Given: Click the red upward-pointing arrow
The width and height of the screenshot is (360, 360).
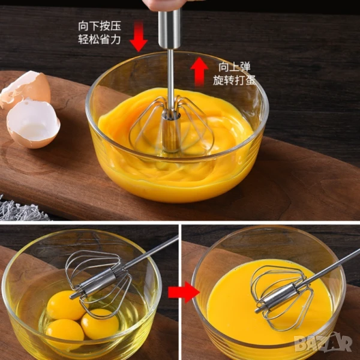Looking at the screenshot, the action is [199, 71].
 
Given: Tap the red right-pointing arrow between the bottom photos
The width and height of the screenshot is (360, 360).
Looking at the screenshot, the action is [184, 292].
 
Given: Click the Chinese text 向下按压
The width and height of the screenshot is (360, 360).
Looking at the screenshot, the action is [100, 26].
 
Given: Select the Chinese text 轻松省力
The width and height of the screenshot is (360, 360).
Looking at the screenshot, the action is [100, 39].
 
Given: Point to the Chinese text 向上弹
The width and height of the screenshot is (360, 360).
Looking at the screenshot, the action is [234, 67].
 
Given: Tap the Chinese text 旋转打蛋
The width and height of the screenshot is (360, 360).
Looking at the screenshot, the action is [234, 80].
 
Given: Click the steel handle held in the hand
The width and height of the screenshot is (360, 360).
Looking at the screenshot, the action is [169, 29].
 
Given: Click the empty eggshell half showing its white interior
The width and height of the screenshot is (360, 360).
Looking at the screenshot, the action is [33, 124].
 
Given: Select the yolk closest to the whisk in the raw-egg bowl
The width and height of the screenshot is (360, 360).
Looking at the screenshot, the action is [65, 305].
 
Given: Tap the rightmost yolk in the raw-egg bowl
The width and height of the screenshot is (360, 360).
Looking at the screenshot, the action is [100, 324].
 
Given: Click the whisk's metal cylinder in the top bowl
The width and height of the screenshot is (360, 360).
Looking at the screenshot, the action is [171, 132].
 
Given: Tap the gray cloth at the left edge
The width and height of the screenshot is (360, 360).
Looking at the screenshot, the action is [20, 209].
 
